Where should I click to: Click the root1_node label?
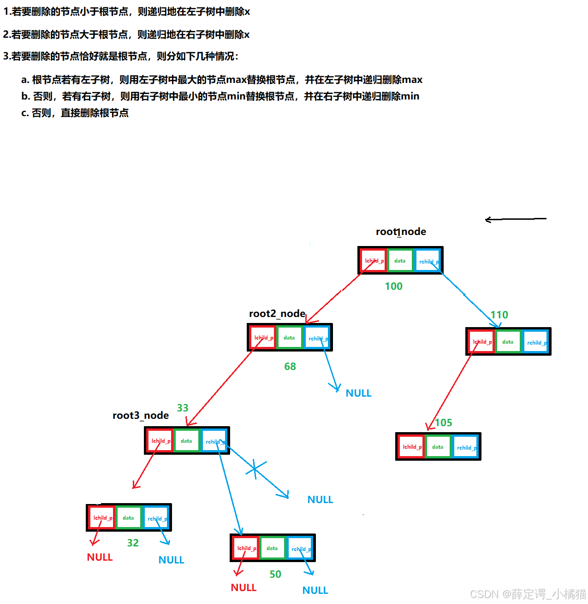(401, 231)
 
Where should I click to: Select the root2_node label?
(277, 314)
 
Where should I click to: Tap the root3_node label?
(141, 415)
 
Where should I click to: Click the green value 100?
(393, 286)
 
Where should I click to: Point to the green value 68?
(290, 366)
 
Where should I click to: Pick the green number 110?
(499, 315)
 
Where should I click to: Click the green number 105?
(443, 422)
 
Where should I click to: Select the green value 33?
(183, 408)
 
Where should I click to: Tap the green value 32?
(133, 543)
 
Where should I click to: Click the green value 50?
(275, 574)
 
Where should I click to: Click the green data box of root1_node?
(400, 261)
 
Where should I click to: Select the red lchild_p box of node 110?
(481, 342)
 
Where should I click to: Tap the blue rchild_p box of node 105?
(465, 447)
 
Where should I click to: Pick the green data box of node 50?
(272, 548)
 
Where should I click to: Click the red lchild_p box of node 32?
(102, 518)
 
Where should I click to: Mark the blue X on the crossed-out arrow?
(255, 469)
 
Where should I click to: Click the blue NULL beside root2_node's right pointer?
(358, 393)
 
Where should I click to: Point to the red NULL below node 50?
(244, 587)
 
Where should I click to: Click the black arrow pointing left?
(515, 219)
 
